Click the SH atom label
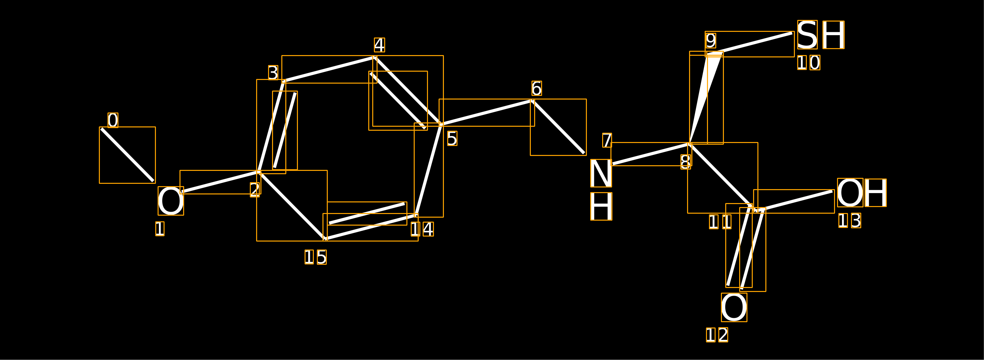820,35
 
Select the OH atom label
861,193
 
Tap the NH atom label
601,189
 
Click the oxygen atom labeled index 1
171,201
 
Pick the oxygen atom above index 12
734,307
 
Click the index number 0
113,120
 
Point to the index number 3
273,73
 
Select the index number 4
379,45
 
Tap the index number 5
452,138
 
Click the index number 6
536,88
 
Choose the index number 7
607,140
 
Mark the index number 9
711,40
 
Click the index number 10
808,63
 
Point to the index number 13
850,221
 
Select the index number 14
422,229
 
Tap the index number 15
316,257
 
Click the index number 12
717,335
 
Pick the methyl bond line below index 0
127,155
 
